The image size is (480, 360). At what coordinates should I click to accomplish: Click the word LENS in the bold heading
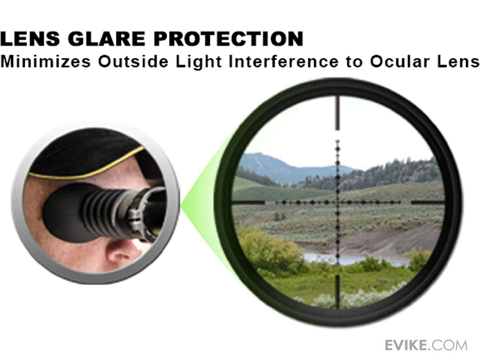[x=30, y=39]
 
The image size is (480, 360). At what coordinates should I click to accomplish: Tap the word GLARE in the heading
[x=107, y=39]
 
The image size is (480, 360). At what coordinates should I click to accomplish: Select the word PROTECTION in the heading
[x=228, y=39]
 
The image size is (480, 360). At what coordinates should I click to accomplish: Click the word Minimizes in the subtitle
[x=45, y=62]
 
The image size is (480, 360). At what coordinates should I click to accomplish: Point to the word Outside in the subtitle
[x=133, y=62]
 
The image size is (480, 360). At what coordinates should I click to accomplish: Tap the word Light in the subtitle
[x=198, y=62]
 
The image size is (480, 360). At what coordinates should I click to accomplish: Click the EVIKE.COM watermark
[x=426, y=345]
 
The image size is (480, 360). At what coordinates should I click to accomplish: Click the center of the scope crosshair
[x=338, y=202]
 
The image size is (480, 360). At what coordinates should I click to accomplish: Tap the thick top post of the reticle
[x=338, y=113]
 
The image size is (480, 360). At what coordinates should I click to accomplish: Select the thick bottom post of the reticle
[x=338, y=292]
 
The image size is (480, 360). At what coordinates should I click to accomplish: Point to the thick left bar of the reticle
[x=248, y=202]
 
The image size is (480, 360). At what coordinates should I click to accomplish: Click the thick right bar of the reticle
[x=428, y=202]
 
